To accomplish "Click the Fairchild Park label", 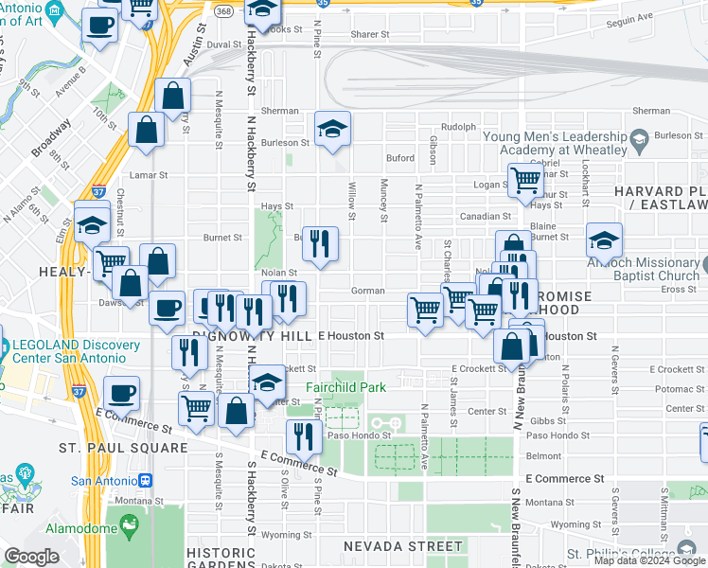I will tap(345, 387).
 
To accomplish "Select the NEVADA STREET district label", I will tap(402, 546).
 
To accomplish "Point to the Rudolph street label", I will tap(458, 126).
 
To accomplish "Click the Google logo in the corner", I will tap(32, 556).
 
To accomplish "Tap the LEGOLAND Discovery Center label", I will tap(68, 351).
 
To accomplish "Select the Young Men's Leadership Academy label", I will tap(555, 143).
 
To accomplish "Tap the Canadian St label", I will tap(486, 216).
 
